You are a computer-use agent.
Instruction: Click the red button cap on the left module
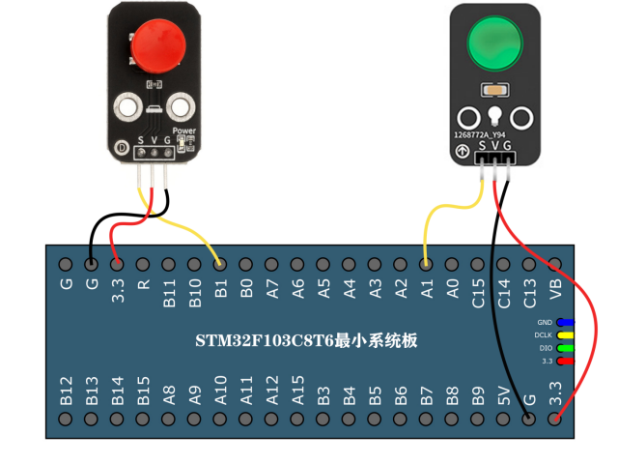pos(157,45)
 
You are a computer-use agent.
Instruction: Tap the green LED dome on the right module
pos(494,44)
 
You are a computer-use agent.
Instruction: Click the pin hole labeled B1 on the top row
pos(220,264)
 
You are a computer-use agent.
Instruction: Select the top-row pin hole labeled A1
pos(426,264)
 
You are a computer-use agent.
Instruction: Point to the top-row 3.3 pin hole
pos(117,264)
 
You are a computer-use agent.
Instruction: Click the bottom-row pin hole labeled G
pos(528,419)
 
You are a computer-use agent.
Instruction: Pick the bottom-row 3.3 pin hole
pos(554,419)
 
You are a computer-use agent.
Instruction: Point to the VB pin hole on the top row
pos(554,264)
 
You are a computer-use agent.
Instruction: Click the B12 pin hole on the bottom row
pos(66,419)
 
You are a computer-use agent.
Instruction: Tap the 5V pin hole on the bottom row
pos(503,419)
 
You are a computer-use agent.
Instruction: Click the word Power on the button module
pos(183,130)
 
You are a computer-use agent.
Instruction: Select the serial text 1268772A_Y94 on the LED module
pos(481,135)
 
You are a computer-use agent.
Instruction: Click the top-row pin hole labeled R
pos(143,264)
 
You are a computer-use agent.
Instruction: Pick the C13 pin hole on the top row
pos(528,264)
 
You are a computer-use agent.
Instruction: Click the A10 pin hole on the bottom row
pos(220,419)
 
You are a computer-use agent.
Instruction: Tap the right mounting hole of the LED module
pos(522,118)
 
